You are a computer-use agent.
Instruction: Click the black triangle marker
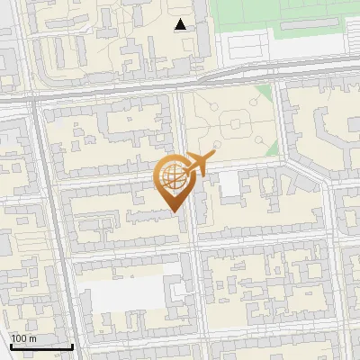pos(181,24)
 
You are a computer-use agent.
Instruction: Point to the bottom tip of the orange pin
pos(173,211)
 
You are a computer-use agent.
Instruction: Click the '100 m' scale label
pos(23,338)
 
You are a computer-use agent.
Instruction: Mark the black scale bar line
pos(41,346)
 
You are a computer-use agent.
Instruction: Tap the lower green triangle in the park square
pos(268,147)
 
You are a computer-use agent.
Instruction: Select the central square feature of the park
pos(232,119)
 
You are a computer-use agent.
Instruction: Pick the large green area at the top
pos(279,18)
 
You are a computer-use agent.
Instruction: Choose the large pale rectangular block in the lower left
pos(121,292)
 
